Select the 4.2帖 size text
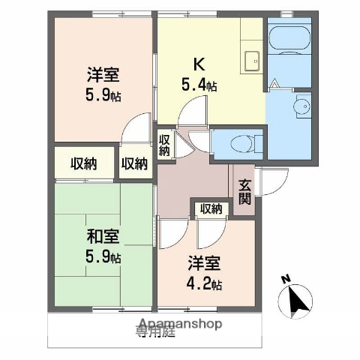[205, 285]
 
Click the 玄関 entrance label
[245, 193]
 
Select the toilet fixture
[238, 141]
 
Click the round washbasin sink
[304, 106]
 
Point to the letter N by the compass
[285, 280]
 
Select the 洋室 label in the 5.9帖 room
[103, 75]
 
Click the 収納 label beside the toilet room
[164, 143]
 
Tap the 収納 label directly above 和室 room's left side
[82, 163]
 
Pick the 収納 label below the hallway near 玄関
[211, 208]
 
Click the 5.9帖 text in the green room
[103, 258]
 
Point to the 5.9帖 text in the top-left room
[103, 95]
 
